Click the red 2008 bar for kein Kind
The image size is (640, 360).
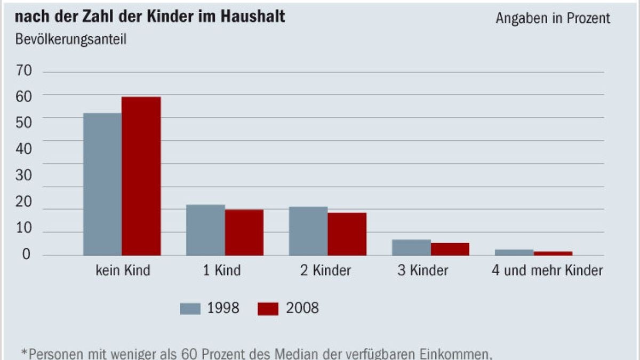[x=141, y=176]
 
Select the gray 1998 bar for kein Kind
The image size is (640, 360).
[x=102, y=184]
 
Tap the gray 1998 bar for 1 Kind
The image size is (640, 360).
[x=205, y=230]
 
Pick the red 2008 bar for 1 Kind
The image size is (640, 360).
[x=244, y=233]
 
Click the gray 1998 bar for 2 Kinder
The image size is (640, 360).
[x=308, y=231]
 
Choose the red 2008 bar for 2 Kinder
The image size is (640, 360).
[x=347, y=234]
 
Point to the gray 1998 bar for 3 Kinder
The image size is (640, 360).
[x=411, y=247]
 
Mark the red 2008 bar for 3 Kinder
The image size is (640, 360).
[x=450, y=249]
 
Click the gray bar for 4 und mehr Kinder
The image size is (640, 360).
[x=514, y=252]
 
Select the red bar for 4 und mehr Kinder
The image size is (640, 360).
[x=553, y=253]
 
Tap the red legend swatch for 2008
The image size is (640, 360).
[x=268, y=309]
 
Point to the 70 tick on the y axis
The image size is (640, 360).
[x=24, y=71]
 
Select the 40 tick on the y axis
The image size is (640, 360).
[x=24, y=149]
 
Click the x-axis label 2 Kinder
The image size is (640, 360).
[x=325, y=270]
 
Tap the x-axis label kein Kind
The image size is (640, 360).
[x=123, y=270]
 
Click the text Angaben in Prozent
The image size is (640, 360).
[x=553, y=18]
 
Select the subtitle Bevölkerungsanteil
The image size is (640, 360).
[x=70, y=39]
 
